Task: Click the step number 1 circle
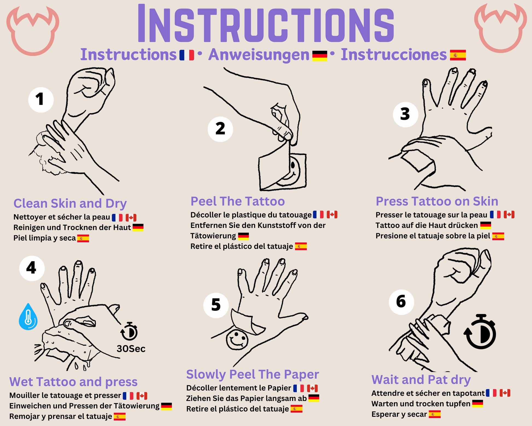(x=41, y=100)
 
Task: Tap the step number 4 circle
(x=32, y=268)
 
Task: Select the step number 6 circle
(x=401, y=302)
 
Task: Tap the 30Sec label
(x=131, y=349)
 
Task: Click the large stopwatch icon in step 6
(x=480, y=332)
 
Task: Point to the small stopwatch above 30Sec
(x=129, y=331)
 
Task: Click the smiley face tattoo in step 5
(x=237, y=340)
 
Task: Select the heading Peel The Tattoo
(x=238, y=201)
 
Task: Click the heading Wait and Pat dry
(x=421, y=380)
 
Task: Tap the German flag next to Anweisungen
(x=320, y=56)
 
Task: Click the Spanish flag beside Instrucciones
(x=458, y=55)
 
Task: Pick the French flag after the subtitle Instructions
(x=187, y=55)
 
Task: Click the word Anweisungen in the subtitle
(x=259, y=55)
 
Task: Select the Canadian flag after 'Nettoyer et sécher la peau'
(x=131, y=218)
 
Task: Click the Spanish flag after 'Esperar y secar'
(x=435, y=414)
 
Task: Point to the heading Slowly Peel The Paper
(x=253, y=375)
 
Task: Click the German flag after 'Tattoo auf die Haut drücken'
(x=486, y=225)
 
